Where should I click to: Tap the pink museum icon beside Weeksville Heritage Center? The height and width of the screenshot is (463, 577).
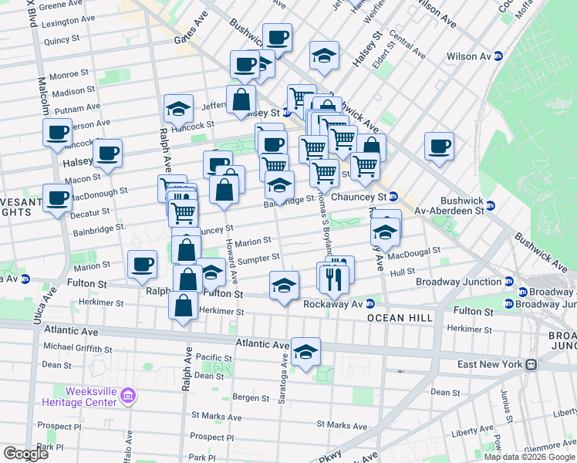coord(128,397)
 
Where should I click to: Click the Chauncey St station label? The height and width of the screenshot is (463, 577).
coord(358,196)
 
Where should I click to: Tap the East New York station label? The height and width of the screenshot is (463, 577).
coord(488,364)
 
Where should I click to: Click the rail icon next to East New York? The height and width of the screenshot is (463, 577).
coord(531,364)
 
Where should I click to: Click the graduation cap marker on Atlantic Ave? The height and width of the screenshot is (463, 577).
coord(306,352)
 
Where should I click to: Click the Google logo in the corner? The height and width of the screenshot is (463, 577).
coord(25,454)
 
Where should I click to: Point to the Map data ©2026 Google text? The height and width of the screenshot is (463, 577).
coord(529,457)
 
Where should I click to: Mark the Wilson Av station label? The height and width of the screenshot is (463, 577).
coord(470,56)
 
